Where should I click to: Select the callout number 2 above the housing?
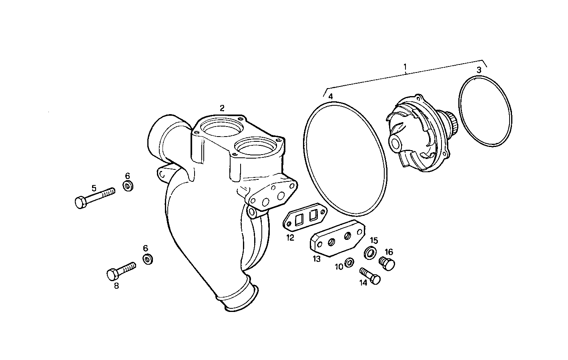222,108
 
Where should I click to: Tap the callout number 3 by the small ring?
479,70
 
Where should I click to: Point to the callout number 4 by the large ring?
330,97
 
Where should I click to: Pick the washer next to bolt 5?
128,186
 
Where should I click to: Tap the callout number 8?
116,286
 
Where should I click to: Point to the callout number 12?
290,237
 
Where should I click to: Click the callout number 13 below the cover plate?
317,259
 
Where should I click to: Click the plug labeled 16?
387,264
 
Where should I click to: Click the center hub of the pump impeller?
395,143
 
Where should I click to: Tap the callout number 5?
94,188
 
